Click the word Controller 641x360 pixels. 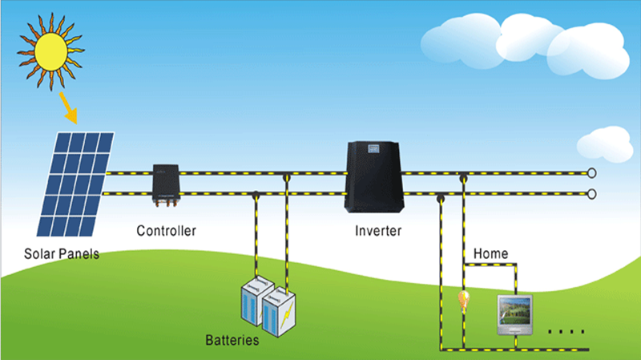point(167,231)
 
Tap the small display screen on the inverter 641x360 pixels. point(372,149)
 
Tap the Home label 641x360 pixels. point(490,253)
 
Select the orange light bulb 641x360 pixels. point(462,301)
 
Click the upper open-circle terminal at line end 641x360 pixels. point(592,172)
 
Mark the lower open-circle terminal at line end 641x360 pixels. point(592,193)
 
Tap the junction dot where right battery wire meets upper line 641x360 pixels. point(285,172)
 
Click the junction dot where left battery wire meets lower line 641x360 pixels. point(255,193)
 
